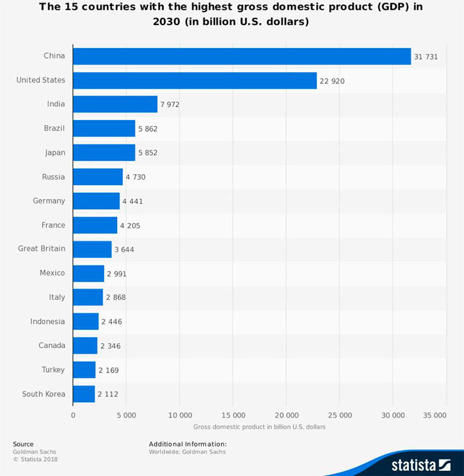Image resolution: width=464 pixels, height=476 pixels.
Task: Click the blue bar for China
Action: coord(241,56)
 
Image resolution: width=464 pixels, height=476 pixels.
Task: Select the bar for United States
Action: coord(194,80)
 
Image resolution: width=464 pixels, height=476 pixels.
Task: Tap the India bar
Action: coord(115,104)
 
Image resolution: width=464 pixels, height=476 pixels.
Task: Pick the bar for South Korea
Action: coord(84,394)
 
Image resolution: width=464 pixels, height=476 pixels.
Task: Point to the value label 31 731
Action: coord(425,56)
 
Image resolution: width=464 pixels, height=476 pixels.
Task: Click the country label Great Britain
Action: coord(41,248)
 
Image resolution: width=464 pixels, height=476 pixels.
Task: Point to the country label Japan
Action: coord(55,153)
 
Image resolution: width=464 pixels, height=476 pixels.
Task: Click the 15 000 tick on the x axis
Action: coord(233,416)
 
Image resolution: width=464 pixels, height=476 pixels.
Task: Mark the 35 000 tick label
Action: coord(434,416)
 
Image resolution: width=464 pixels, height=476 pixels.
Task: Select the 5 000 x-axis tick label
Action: coord(126,416)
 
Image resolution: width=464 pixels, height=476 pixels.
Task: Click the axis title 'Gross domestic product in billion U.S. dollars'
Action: coord(259,427)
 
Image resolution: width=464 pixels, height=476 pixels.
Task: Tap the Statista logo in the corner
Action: coord(420,464)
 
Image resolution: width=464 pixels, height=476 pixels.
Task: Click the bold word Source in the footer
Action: coord(23,444)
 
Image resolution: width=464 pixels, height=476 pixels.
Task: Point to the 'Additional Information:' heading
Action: coord(188,444)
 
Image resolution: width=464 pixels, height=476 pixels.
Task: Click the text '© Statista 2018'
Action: coord(35,459)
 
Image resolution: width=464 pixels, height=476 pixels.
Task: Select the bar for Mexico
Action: coord(88,273)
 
